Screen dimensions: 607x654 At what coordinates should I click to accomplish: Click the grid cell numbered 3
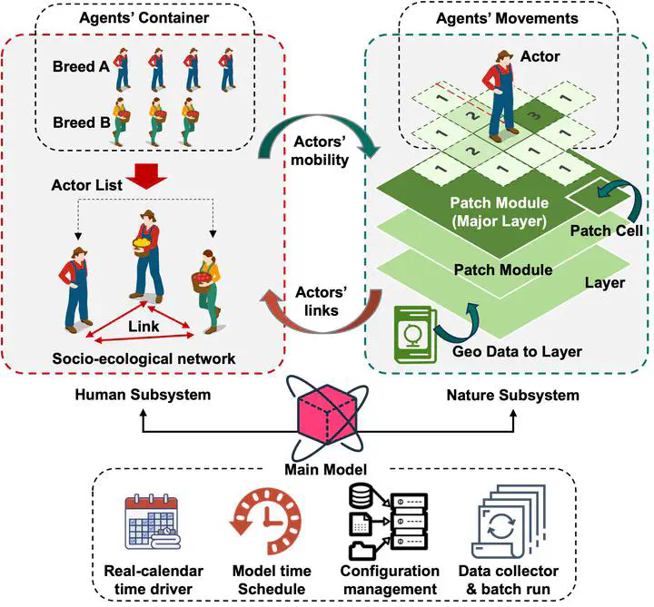(x=535, y=115)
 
